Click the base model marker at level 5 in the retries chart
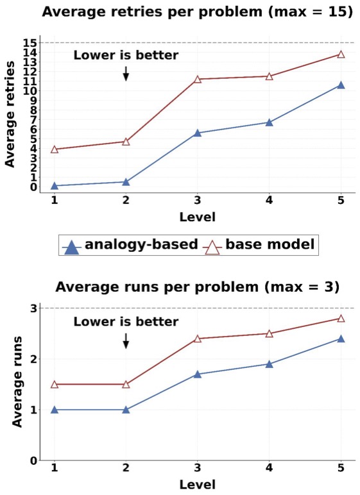pos(341,55)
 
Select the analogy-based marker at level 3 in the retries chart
pos(198,133)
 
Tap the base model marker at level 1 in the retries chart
pos(55,149)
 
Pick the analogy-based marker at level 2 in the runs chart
pos(126,410)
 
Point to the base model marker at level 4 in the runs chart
pos(269,333)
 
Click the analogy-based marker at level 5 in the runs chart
pos(341,339)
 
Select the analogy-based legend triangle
pos(73,247)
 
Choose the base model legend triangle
pos(212,247)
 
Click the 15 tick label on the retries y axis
pos(30,42)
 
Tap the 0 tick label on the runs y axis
pos(33,460)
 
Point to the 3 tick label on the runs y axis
pos(33,308)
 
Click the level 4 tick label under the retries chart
pos(269,200)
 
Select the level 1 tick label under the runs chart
pos(55,467)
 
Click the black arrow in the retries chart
pos(126,74)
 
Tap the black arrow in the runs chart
pos(126,341)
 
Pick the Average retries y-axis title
pos(10,114)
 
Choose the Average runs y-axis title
pos(17,382)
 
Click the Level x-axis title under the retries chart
pos(198,217)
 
